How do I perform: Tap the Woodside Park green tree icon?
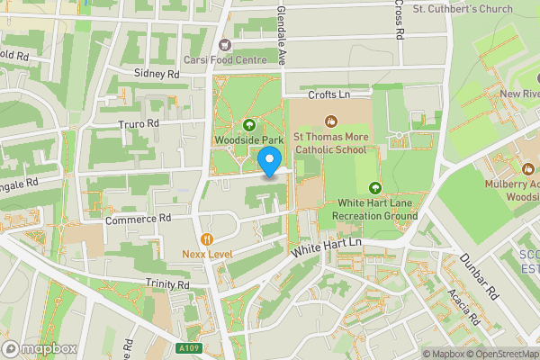coord(248,124)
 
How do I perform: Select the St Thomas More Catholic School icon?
coord(331,121)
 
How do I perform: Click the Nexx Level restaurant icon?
coord(207,238)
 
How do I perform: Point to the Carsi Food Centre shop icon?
coord(226,43)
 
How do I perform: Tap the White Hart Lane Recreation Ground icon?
coord(374,187)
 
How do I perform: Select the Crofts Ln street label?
coord(328,94)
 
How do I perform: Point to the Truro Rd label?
coord(139,123)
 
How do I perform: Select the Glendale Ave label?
coord(281,34)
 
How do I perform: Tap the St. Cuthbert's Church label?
coord(462,9)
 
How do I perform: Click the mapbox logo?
coord(39,349)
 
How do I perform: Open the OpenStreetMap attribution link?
coord(495,354)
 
